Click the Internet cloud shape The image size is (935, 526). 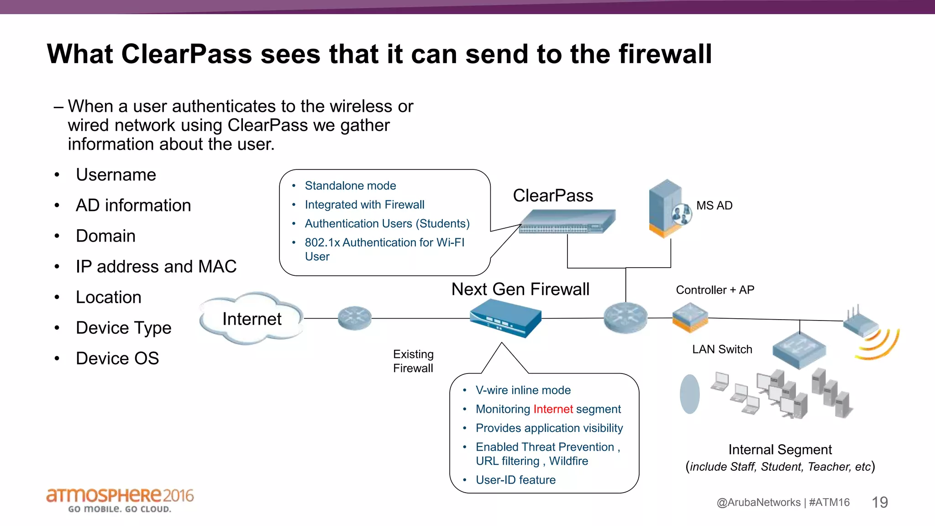pyautogui.click(x=252, y=319)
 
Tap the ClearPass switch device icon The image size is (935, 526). pyautogui.click(x=567, y=221)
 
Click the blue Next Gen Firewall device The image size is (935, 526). pyautogui.click(x=505, y=318)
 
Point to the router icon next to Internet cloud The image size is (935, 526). pyautogui.click(x=355, y=318)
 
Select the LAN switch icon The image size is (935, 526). pyautogui.click(x=799, y=349)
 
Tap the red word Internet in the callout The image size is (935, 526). pyautogui.click(x=553, y=409)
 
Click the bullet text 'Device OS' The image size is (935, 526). pyautogui.click(x=117, y=358)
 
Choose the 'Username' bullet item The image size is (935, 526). pyautogui.click(x=116, y=175)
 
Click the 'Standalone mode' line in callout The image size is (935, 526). pyautogui.click(x=350, y=186)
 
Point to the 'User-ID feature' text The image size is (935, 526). pyautogui.click(x=515, y=480)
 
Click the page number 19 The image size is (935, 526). pyautogui.click(x=879, y=502)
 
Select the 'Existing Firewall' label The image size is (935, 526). pyautogui.click(x=413, y=361)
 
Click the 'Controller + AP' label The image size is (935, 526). pyautogui.click(x=715, y=290)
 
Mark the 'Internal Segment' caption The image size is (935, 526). pyautogui.click(x=780, y=450)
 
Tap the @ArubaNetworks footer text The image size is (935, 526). pyautogui.click(x=758, y=502)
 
